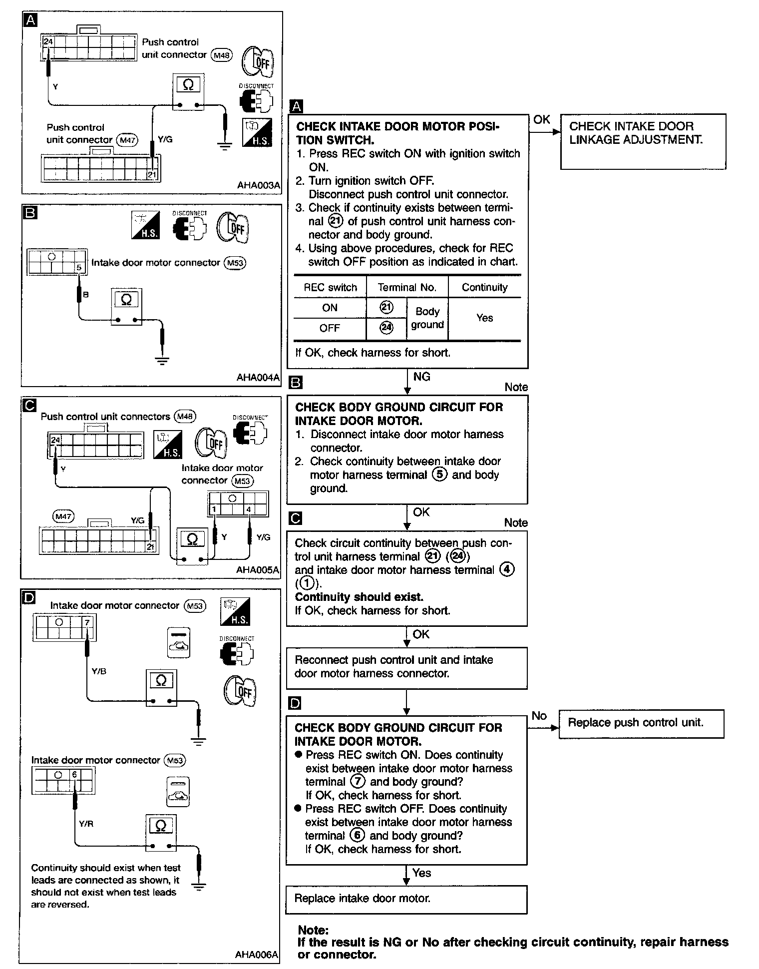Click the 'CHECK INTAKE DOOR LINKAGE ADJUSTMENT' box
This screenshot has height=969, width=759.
point(643,141)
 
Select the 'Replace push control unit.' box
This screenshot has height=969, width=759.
point(641,723)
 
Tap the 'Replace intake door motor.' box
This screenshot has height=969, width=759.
point(406,899)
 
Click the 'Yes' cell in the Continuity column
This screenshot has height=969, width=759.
point(484,318)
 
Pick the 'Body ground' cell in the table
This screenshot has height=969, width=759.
point(427,318)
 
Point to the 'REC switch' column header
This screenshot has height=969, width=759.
point(330,288)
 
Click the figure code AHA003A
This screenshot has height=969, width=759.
point(258,185)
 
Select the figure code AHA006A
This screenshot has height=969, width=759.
point(256,955)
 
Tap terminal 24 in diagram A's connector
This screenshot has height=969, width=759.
point(48,42)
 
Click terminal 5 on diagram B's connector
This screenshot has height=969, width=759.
point(79,268)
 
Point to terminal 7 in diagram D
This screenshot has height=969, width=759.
point(87,622)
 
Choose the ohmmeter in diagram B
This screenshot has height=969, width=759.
point(126,306)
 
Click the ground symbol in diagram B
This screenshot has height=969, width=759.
point(162,361)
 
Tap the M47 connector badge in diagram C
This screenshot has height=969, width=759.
point(63,516)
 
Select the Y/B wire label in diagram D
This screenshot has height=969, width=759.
point(99,671)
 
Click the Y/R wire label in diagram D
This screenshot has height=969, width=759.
point(86,824)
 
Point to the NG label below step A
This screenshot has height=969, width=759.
point(422,377)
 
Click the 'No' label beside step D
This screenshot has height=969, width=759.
point(539,716)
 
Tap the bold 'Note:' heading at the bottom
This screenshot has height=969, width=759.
point(313,930)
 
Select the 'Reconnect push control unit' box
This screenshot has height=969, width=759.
point(406,667)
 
